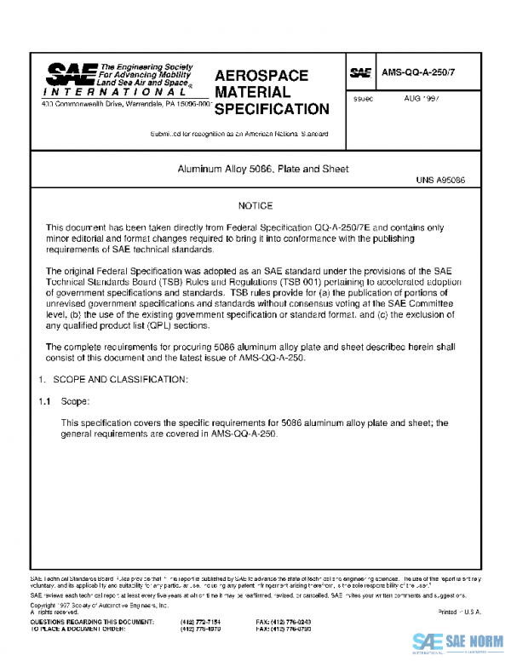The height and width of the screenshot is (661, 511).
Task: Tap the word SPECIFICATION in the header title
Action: click(271, 109)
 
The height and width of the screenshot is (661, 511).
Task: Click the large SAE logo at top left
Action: click(72, 75)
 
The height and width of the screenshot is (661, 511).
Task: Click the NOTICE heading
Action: click(255, 206)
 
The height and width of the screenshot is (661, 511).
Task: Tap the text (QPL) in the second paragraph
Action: click(171, 325)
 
